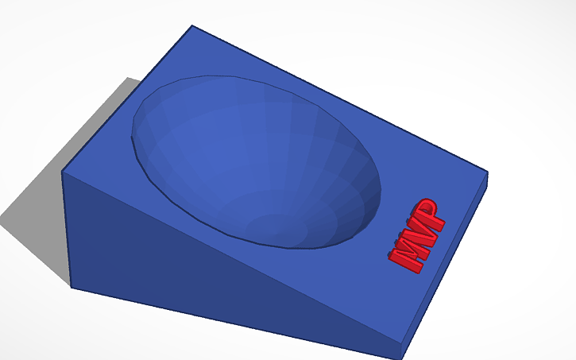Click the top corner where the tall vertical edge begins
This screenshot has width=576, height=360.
[x=64, y=171]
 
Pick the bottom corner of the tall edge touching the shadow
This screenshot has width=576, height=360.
[x=72, y=287]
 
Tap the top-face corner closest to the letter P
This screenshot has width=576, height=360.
[x=486, y=172]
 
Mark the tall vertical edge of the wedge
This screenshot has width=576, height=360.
[x=68, y=230]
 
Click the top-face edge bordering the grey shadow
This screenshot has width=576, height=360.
[x=127, y=99]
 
